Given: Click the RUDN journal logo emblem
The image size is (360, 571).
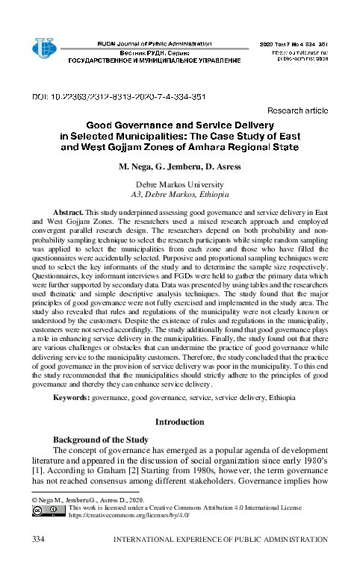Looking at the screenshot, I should coord(44,49).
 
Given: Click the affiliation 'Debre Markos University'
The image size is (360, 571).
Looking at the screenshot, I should coord(179,184).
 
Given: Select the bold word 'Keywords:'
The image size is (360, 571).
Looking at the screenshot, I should coord(72,399).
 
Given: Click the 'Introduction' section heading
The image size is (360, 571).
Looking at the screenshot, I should coord(179,422).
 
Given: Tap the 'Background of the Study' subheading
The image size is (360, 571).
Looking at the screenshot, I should coord(102,440).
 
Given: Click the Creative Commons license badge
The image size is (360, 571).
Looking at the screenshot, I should coord(48,511).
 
